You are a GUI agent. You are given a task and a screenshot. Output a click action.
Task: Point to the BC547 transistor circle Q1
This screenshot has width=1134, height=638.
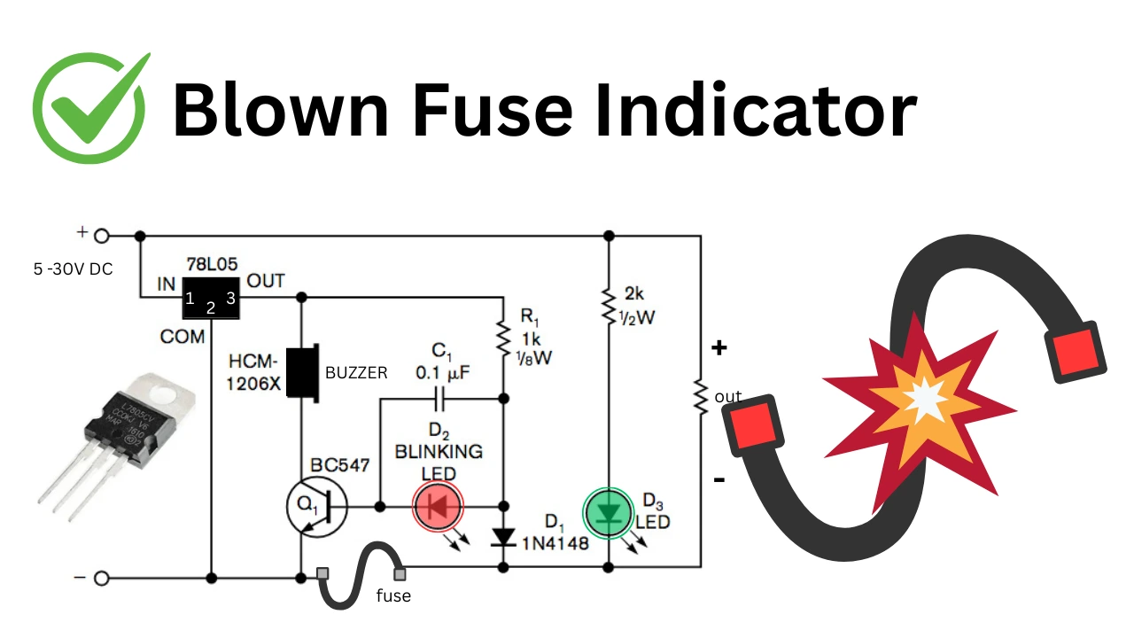(312, 507)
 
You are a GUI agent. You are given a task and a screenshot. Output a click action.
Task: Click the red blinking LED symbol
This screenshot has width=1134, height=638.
(439, 507)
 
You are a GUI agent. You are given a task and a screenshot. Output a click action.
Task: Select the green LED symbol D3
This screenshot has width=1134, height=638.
(608, 512)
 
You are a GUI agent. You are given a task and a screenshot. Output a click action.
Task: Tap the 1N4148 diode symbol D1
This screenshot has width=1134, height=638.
(503, 537)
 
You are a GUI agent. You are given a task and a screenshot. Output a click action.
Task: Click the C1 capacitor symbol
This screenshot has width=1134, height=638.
(440, 399)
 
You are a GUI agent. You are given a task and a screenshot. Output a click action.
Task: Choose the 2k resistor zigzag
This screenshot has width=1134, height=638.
(609, 305)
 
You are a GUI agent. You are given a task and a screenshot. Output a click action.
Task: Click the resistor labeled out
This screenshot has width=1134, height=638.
(701, 396)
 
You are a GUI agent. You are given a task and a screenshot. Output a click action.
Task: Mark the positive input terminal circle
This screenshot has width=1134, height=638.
(102, 236)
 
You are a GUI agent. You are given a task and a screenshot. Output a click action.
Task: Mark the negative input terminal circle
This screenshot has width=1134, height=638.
(102, 579)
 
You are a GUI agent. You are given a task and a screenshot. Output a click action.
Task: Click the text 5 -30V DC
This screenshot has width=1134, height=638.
(74, 268)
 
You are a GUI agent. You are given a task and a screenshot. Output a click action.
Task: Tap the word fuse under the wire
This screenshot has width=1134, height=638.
(393, 596)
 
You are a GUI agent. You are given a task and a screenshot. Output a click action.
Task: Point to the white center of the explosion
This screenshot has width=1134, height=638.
(924, 401)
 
